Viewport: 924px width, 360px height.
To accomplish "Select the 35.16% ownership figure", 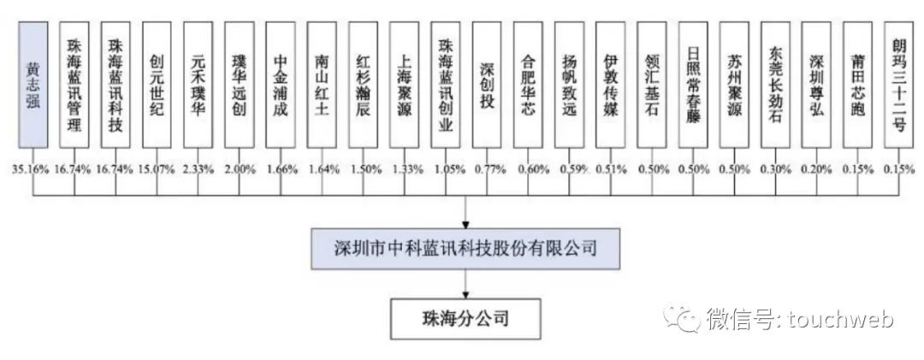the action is point(32,169).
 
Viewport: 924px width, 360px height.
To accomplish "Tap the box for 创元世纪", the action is point(157,85).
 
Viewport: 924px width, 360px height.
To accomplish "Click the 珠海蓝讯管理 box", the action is point(74,85).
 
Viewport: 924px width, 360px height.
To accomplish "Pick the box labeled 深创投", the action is point(487,85).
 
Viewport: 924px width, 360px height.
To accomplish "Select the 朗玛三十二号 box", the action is point(898,85).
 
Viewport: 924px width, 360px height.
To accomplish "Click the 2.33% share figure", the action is point(198,169).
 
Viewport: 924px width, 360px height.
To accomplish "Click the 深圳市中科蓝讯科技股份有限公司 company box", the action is point(464,250).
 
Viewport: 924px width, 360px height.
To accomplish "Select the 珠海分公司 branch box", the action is point(464,319).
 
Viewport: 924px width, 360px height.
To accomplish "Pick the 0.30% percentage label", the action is point(774,169).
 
